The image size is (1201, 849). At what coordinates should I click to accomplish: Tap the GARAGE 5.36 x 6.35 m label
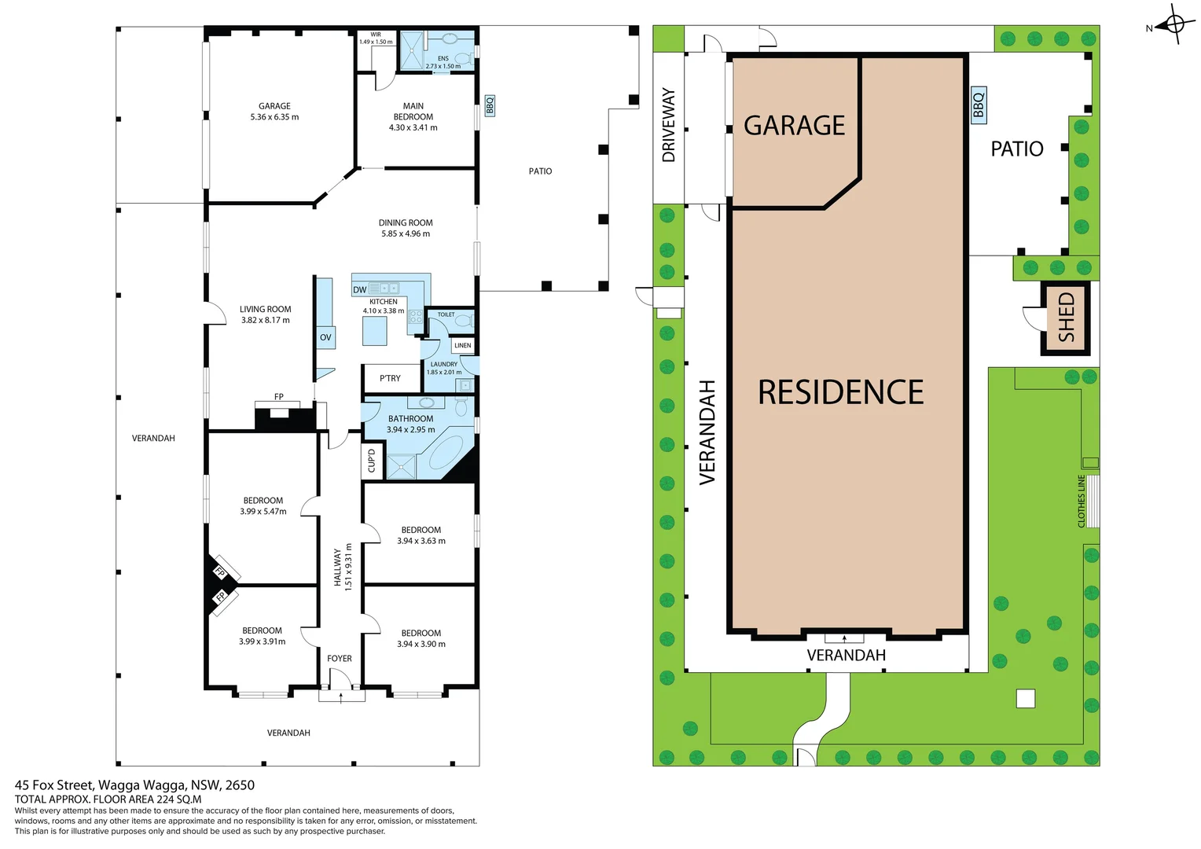tap(274, 112)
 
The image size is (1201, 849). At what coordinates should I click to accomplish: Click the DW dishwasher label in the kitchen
tap(359, 289)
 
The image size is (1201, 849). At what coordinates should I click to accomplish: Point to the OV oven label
tap(325, 337)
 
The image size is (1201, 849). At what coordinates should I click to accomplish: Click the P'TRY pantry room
tap(390, 378)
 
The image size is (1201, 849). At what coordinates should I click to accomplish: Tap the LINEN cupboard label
tap(463, 345)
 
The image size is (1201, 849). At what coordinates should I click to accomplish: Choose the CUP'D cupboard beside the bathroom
tap(372, 460)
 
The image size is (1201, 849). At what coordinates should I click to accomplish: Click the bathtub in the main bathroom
tap(446, 454)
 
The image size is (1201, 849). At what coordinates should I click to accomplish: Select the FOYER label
tap(340, 659)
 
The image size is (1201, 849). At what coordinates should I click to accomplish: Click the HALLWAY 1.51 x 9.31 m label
tap(343, 567)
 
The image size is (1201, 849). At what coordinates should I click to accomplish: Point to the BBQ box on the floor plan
tap(490, 105)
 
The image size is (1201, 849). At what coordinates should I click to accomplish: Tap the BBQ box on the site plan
tap(978, 104)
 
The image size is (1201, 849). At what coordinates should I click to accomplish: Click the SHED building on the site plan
tap(1065, 318)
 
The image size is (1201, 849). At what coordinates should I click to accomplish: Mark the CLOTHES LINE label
tap(1082, 501)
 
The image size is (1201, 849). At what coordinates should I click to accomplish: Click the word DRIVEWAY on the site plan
tap(669, 125)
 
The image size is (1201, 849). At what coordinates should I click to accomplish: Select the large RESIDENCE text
tap(840, 392)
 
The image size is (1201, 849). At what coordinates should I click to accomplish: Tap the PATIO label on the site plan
tap(1016, 149)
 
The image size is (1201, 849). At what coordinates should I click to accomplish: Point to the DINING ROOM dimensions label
tap(406, 233)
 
